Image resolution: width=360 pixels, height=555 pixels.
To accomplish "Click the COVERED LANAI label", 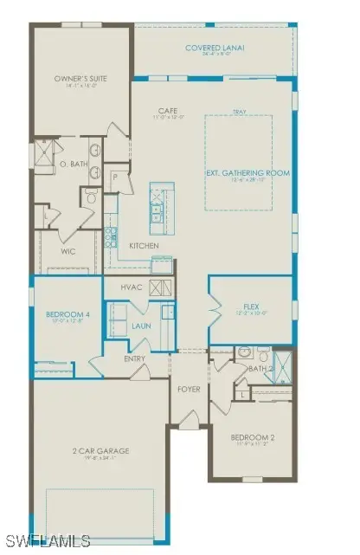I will (214, 48).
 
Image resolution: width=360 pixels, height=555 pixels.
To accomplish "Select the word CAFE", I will (168, 110).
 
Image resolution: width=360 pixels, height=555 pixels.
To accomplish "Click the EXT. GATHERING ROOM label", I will (247, 172).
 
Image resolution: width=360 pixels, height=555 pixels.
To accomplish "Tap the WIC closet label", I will (69, 253).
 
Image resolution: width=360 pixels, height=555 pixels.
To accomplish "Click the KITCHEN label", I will (145, 246).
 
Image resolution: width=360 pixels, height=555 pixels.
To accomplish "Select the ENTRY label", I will (134, 358).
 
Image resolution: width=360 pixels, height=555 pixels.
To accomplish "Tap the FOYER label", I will (189, 390).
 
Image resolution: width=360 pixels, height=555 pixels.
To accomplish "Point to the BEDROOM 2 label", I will (250, 437).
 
